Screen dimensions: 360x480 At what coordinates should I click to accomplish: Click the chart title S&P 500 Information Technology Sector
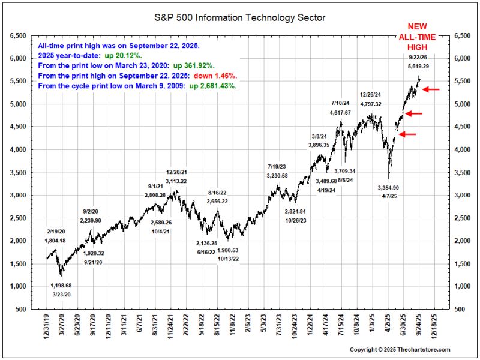[x=240, y=18]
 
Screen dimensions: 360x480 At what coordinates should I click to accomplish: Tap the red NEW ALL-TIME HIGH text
[x=418, y=38]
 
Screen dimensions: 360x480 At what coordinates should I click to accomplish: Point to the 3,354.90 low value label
[x=388, y=188]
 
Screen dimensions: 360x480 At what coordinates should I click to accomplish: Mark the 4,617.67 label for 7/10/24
[x=343, y=113]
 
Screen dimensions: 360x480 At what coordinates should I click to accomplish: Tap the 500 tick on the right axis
[x=460, y=310]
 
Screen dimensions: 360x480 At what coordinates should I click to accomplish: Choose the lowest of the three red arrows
[x=407, y=134]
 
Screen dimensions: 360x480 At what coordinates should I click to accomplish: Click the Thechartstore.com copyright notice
[x=400, y=349]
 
